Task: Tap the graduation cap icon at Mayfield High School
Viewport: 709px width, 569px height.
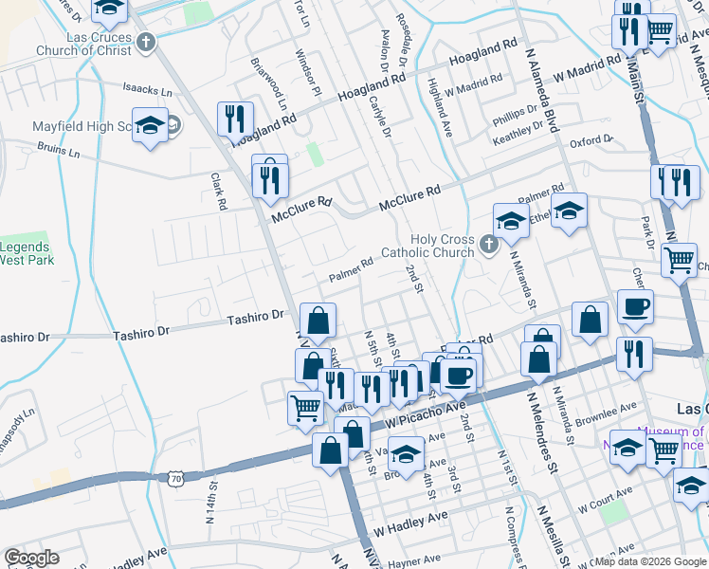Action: click(150, 126)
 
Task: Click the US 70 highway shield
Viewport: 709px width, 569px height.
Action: click(176, 480)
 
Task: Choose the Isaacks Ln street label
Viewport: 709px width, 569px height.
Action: click(148, 92)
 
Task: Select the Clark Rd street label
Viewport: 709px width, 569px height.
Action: click(220, 192)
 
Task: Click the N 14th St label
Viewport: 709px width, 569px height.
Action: click(209, 507)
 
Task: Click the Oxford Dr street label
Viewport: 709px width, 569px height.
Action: click(592, 140)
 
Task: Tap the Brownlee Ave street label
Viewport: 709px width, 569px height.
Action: click(608, 413)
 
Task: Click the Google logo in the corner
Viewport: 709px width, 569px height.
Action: click(31, 558)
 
